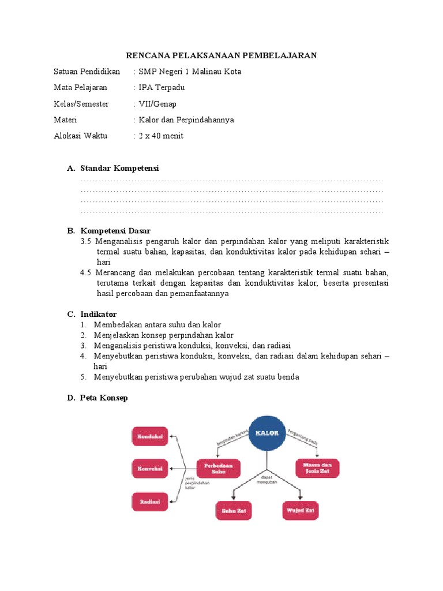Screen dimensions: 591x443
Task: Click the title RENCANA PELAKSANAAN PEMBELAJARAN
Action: click(221, 55)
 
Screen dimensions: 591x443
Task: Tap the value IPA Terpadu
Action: click(162, 88)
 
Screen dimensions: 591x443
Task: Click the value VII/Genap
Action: click(157, 104)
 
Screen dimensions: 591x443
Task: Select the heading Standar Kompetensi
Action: click(119, 168)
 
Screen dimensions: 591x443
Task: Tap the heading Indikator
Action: click(98, 314)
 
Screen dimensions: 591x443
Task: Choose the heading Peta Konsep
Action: click(104, 398)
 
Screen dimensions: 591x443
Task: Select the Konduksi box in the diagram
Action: click(150, 436)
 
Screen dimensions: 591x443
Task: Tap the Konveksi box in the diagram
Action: click(150, 468)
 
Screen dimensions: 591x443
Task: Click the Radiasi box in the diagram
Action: click(150, 501)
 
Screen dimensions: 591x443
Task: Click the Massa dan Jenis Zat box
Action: click(317, 467)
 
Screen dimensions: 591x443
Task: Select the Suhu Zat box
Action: click(233, 511)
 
